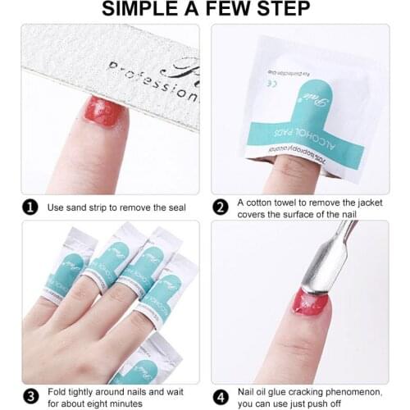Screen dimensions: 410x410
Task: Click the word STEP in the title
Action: pyautogui.click(x=282, y=10)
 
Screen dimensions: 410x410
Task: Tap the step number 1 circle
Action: pyautogui.click(x=30, y=207)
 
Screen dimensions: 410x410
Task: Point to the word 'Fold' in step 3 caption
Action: pyautogui.click(x=57, y=391)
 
